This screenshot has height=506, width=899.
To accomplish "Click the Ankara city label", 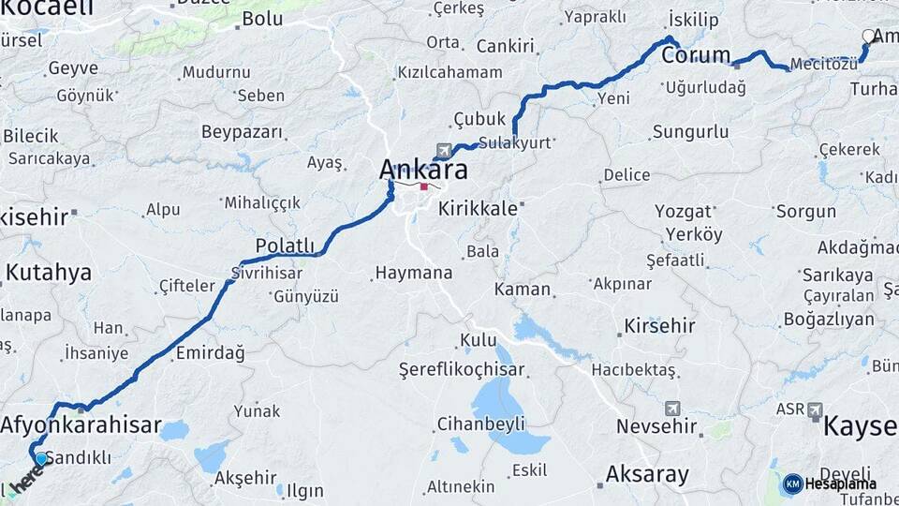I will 423,171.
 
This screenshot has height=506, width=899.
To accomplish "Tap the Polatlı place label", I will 286,246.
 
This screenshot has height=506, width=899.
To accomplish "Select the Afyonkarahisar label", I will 81,424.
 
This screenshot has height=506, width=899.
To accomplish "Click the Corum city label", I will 696,55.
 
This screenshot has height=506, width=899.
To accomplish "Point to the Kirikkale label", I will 478,208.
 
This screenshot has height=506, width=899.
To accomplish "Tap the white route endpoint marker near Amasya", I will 868,37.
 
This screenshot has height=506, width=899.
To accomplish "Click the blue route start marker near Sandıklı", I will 40,459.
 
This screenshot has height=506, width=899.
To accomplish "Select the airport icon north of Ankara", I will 443,150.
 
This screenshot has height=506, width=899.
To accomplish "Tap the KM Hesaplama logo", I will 831,484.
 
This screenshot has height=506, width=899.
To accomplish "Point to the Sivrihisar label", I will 267,273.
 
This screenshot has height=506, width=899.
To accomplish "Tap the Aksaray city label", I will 647,474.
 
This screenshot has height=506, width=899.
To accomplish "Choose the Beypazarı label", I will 242,132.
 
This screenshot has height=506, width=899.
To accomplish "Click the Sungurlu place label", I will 690,131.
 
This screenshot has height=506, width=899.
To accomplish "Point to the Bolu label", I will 262,19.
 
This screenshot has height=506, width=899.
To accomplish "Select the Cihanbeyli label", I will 481,424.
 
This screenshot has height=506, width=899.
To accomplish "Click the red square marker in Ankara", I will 423,186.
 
